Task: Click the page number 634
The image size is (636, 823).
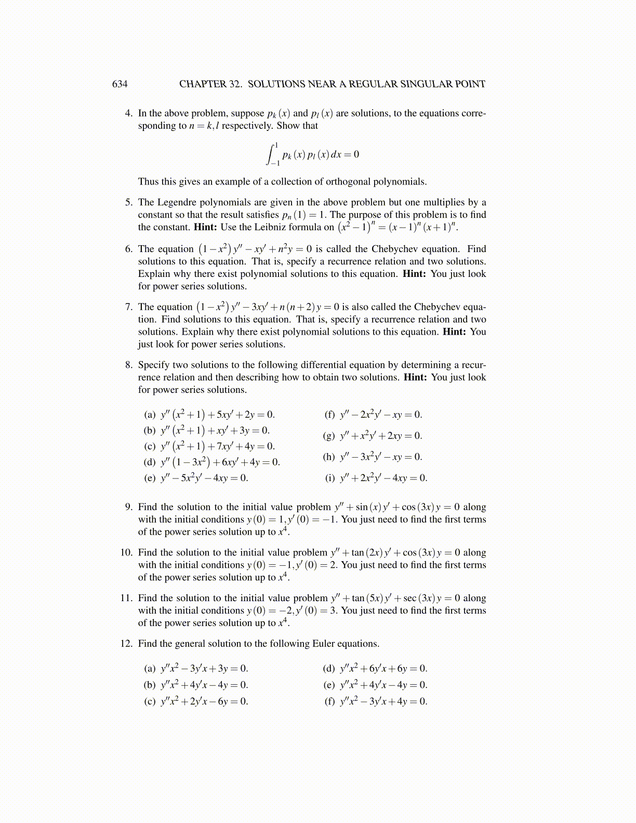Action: point(120,84)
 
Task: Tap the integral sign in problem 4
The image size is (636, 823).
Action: point(271,155)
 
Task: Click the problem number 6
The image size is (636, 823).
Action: point(129,249)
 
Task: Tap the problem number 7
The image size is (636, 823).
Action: point(129,307)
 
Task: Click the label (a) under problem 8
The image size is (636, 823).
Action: point(150,415)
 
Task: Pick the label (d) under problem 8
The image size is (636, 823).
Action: point(150,462)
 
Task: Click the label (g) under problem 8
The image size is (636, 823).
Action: point(329,436)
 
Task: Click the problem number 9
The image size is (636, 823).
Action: point(129,507)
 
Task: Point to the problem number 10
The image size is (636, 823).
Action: point(126,553)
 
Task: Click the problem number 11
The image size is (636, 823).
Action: point(126,599)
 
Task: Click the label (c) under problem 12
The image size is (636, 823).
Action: point(150,701)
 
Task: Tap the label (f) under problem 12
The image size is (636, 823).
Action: point(329,701)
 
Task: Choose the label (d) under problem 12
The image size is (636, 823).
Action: point(329,669)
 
